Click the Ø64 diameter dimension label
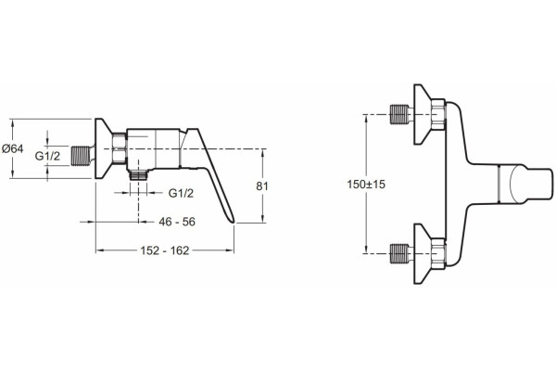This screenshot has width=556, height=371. (x=12, y=148)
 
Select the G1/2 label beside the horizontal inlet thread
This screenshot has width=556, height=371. (x=47, y=156)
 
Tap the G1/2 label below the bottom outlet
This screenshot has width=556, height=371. (x=181, y=193)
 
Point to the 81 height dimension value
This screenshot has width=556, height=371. (x=262, y=186)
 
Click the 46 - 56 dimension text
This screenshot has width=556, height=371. (x=177, y=222)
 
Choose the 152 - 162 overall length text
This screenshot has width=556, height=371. (x=165, y=250)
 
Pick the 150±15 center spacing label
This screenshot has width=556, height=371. (x=366, y=185)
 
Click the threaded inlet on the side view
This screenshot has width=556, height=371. (x=81, y=156)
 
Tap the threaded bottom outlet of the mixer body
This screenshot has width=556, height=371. (x=138, y=175)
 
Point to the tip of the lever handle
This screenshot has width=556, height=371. (x=233, y=222)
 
